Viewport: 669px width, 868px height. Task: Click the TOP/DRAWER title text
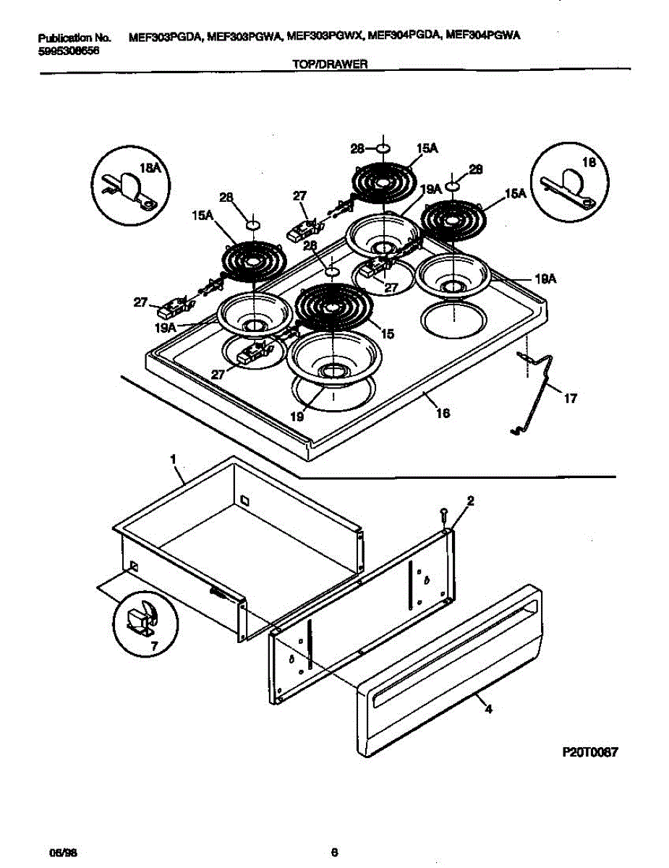point(330,64)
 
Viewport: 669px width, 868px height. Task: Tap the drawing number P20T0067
point(589,752)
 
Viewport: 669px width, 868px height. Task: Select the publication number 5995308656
point(68,51)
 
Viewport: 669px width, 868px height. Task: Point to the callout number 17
point(571,398)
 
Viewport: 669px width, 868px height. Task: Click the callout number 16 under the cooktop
point(443,413)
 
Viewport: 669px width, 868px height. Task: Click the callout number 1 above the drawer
point(173,459)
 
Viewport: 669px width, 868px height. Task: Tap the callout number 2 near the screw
point(470,500)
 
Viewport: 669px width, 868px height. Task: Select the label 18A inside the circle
point(150,168)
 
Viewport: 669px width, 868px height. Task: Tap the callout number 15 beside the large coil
point(388,334)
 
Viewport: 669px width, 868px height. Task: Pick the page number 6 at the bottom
point(334,851)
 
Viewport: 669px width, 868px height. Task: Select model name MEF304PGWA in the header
point(485,35)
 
